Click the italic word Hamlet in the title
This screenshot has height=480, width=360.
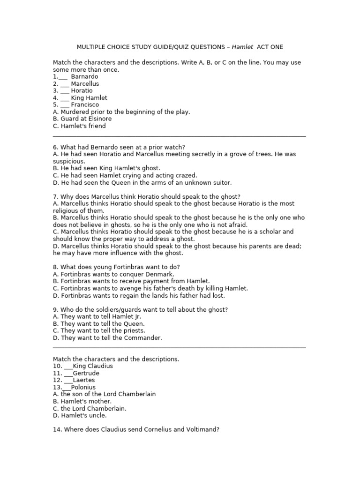click(x=242, y=47)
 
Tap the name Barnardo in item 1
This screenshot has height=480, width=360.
click(x=85, y=76)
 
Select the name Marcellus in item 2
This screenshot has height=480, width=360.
click(x=85, y=83)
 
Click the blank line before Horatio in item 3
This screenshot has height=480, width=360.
click(x=65, y=91)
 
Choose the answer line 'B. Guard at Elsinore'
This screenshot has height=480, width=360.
click(x=82, y=119)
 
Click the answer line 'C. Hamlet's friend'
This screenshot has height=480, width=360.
click(x=79, y=126)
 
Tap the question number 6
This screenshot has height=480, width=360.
click(x=55, y=147)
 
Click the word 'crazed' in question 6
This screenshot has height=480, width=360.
click(x=186, y=175)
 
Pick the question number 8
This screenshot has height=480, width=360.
click(x=55, y=267)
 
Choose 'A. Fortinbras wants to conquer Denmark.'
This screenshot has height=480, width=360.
click(x=113, y=274)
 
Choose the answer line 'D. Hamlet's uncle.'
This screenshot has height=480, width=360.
click(x=80, y=415)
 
